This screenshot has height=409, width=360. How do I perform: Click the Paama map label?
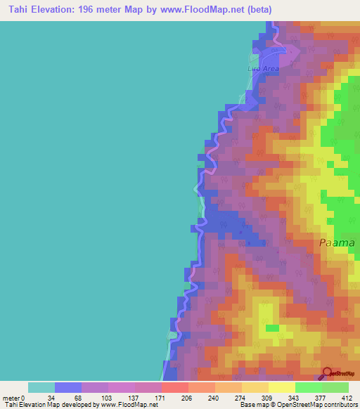coord(336,242)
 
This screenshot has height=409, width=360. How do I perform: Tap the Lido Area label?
coord(264,69)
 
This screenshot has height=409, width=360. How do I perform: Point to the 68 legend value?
coord(67,397)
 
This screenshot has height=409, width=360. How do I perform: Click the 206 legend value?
coord(174,397)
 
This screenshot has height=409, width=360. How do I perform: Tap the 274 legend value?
coord(228,397)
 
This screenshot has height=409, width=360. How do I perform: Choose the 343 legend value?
coord(281,397)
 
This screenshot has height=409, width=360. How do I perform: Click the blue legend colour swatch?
coord(67,387)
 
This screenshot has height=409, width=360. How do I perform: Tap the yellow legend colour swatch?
coord(281,387)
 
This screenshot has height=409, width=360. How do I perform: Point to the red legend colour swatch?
coord(174,387)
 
